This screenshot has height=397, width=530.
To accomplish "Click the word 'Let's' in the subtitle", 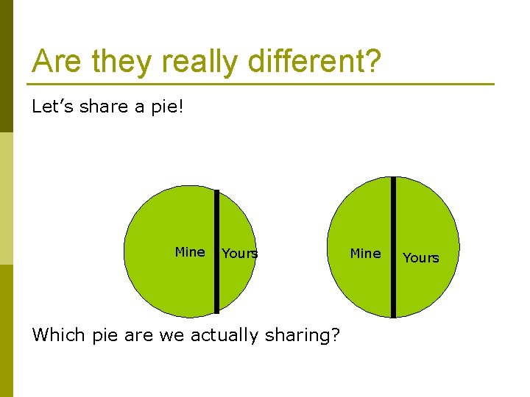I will [x=52, y=107].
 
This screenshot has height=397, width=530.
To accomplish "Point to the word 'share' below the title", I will [x=103, y=107].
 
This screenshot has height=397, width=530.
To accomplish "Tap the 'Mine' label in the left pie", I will [x=190, y=252].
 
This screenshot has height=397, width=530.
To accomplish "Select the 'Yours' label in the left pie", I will [x=240, y=254].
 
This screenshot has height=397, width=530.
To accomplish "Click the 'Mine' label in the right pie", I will [x=365, y=254].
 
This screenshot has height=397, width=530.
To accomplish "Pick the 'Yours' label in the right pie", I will [x=421, y=258].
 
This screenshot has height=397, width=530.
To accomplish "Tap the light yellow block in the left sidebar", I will [x=7, y=198].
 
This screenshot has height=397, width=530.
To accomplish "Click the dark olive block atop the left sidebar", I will [x=7, y=66].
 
